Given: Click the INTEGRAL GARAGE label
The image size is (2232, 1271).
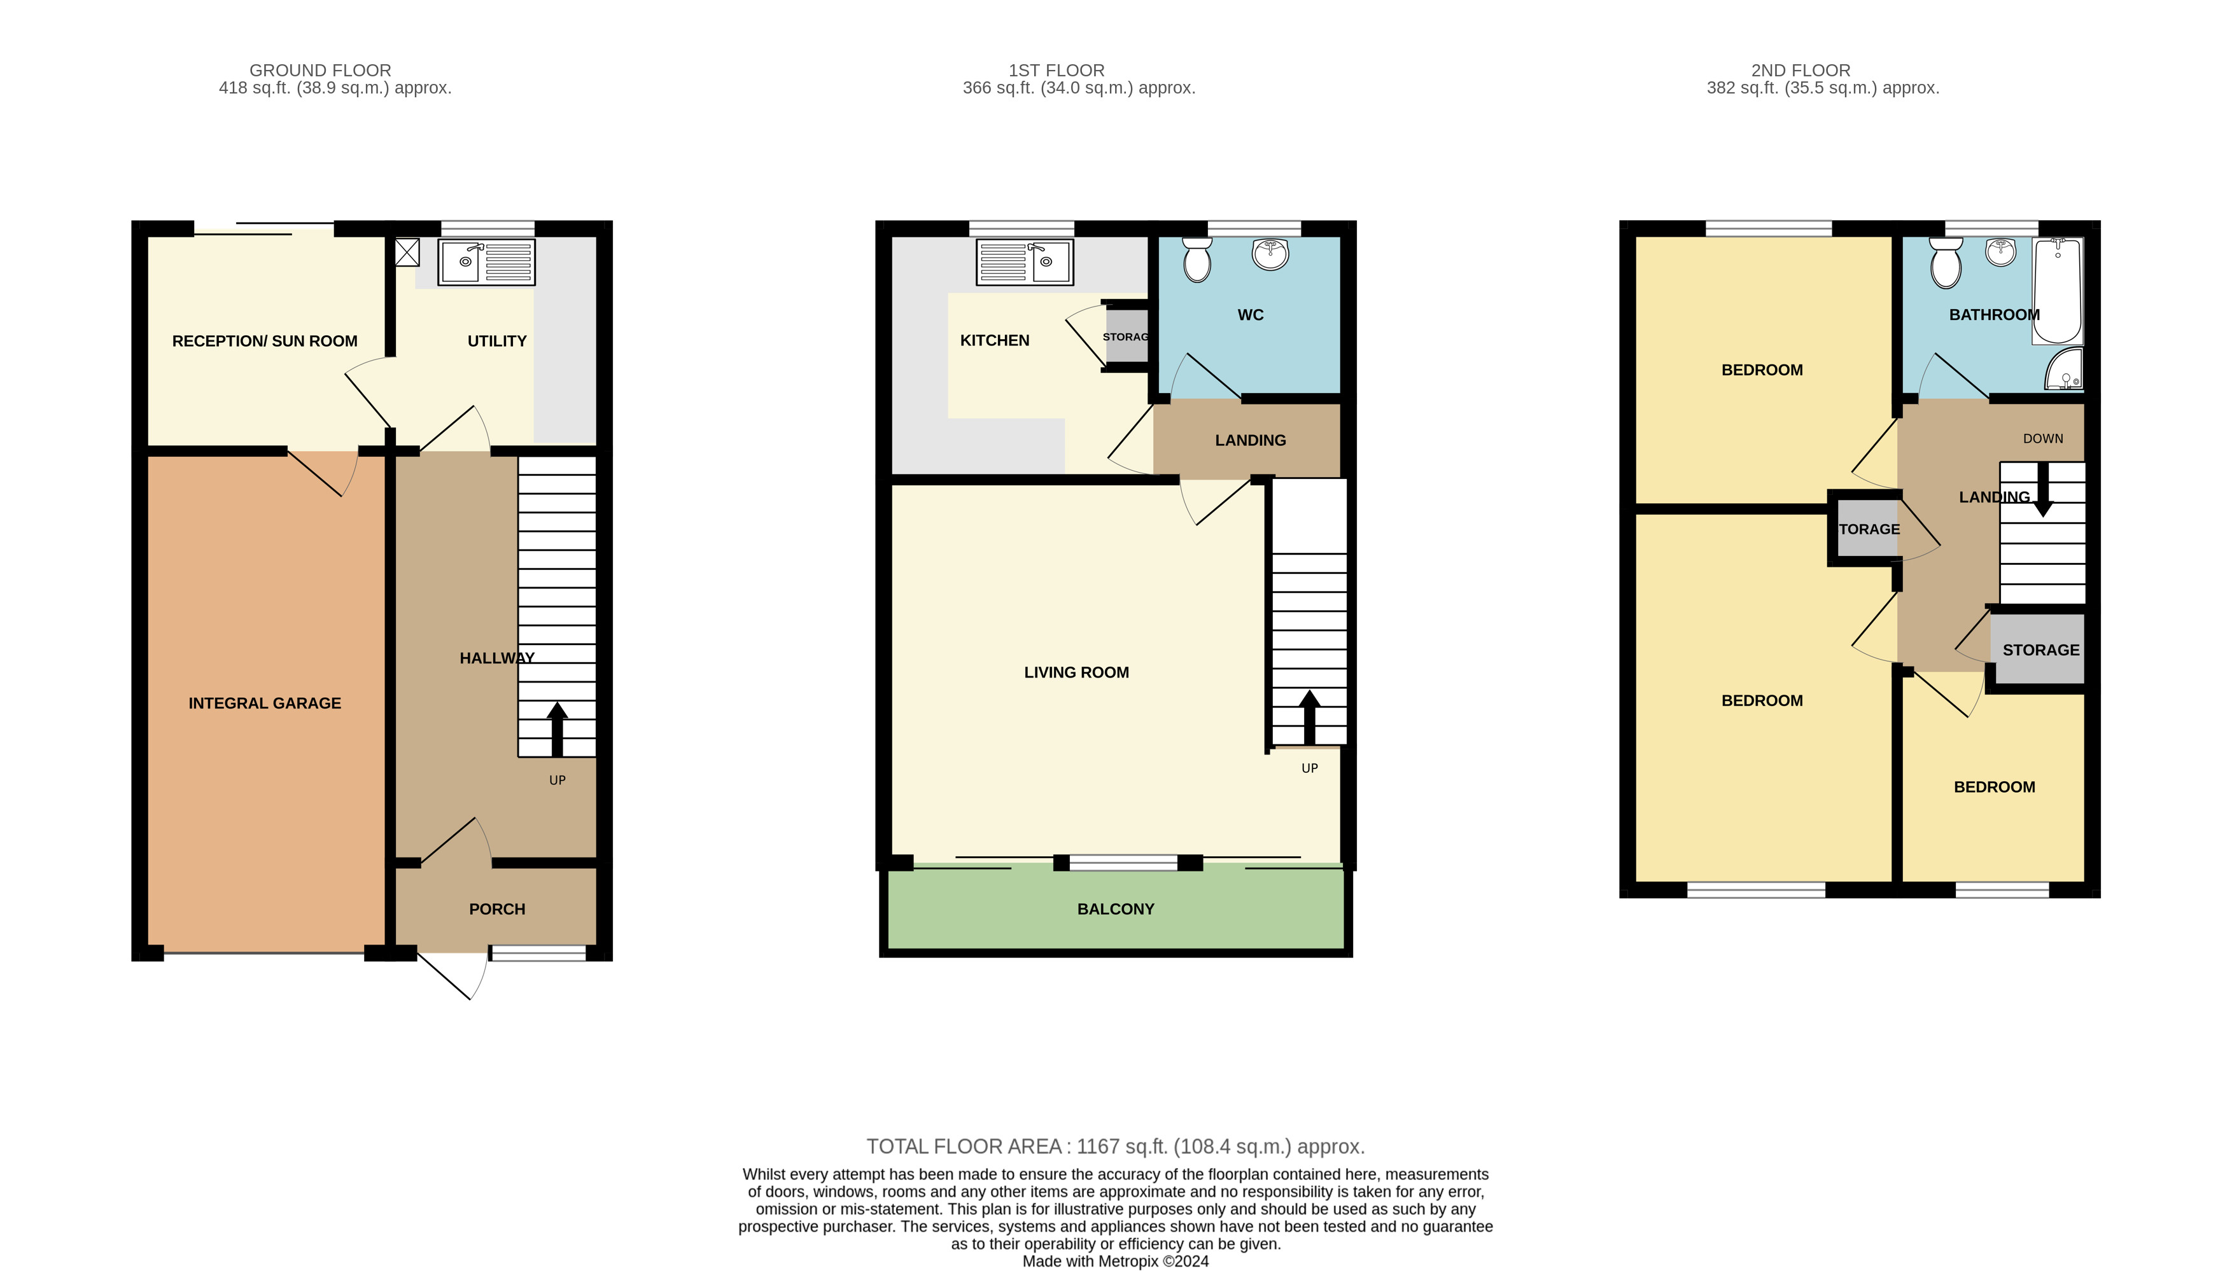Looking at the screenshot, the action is pyautogui.click(x=265, y=703).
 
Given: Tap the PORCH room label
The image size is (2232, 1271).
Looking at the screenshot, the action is pyautogui.click(x=497, y=909).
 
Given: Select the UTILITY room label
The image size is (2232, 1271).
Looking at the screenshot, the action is pyautogui.click(x=497, y=340).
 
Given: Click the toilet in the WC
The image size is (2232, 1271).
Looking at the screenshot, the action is pyautogui.click(x=1197, y=260).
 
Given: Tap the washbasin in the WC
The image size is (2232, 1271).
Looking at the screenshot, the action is pyautogui.click(x=1270, y=253).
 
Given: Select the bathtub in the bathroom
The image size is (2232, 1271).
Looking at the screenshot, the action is pyautogui.click(x=2058, y=291).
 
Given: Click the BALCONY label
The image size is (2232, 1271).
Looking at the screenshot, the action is pyautogui.click(x=1116, y=909).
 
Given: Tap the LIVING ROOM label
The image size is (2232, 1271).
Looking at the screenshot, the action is pyautogui.click(x=1077, y=672).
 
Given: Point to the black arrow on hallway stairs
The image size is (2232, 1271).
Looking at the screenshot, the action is pyautogui.click(x=557, y=729).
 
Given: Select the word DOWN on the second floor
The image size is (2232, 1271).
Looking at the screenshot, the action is pyautogui.click(x=2044, y=438).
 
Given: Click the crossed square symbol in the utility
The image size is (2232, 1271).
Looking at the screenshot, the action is pyautogui.click(x=407, y=253).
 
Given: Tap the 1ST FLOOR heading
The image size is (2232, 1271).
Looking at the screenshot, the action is pyautogui.click(x=1056, y=70).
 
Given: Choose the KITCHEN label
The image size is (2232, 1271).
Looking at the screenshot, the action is pyautogui.click(x=995, y=340).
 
